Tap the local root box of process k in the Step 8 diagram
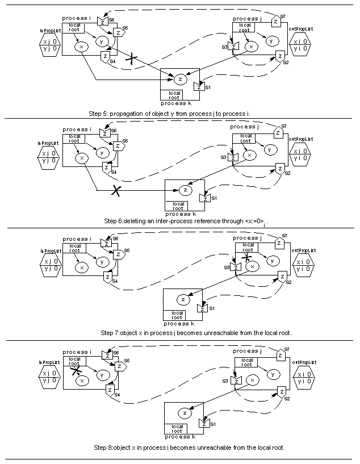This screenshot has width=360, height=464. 178,428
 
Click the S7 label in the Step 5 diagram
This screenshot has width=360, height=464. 283,16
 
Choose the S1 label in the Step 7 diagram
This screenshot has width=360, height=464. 212,308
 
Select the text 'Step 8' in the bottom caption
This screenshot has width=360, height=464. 104,448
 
